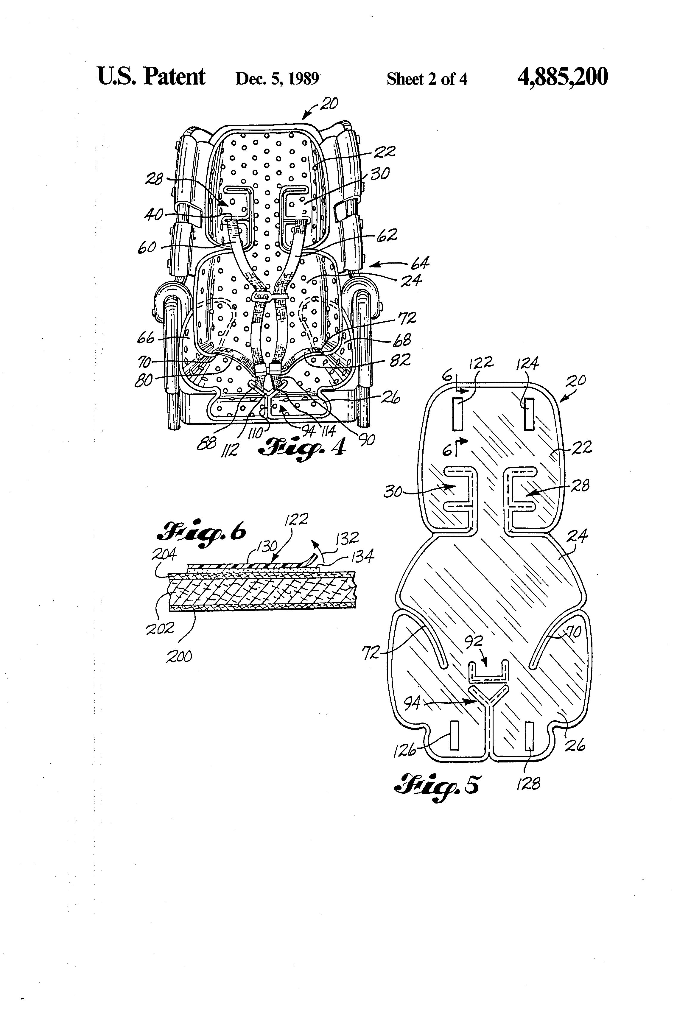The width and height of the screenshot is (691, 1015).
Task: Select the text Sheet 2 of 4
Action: [427, 79]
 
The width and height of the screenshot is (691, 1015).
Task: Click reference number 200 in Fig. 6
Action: [179, 656]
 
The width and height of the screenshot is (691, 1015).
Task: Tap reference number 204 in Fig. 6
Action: [164, 554]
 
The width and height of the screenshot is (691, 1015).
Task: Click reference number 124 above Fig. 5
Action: [527, 363]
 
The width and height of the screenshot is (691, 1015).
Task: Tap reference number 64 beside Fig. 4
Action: [420, 263]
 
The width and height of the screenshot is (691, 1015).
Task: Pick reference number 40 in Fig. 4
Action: [154, 214]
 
